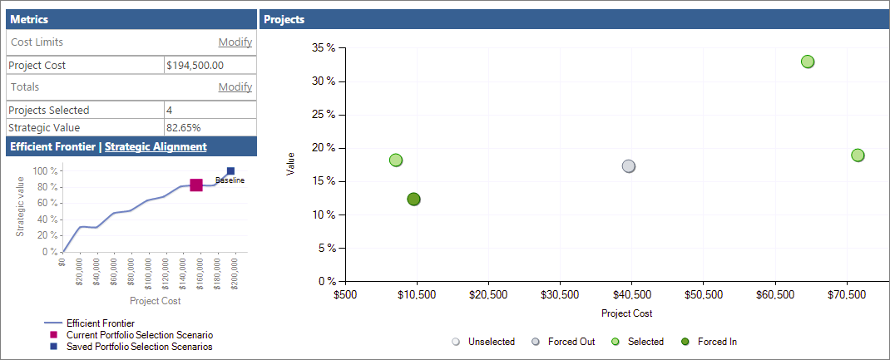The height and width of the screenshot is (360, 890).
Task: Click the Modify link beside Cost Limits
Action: (235, 42)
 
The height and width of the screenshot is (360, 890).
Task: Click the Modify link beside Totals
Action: (235, 87)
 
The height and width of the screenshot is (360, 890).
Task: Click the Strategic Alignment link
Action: (156, 146)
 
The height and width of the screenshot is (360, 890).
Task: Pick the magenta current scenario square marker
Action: (196, 185)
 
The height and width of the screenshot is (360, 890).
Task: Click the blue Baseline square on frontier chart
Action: (230, 171)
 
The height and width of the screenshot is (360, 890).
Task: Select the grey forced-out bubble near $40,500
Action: (629, 166)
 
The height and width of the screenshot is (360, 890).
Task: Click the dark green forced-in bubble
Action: (413, 199)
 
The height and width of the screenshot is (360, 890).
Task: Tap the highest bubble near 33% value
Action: (807, 62)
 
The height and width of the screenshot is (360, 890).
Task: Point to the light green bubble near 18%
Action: (396, 160)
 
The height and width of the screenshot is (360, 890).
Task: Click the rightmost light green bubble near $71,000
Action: (858, 155)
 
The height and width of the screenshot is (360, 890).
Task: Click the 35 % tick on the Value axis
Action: (324, 48)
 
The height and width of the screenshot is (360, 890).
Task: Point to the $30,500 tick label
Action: (560, 294)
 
